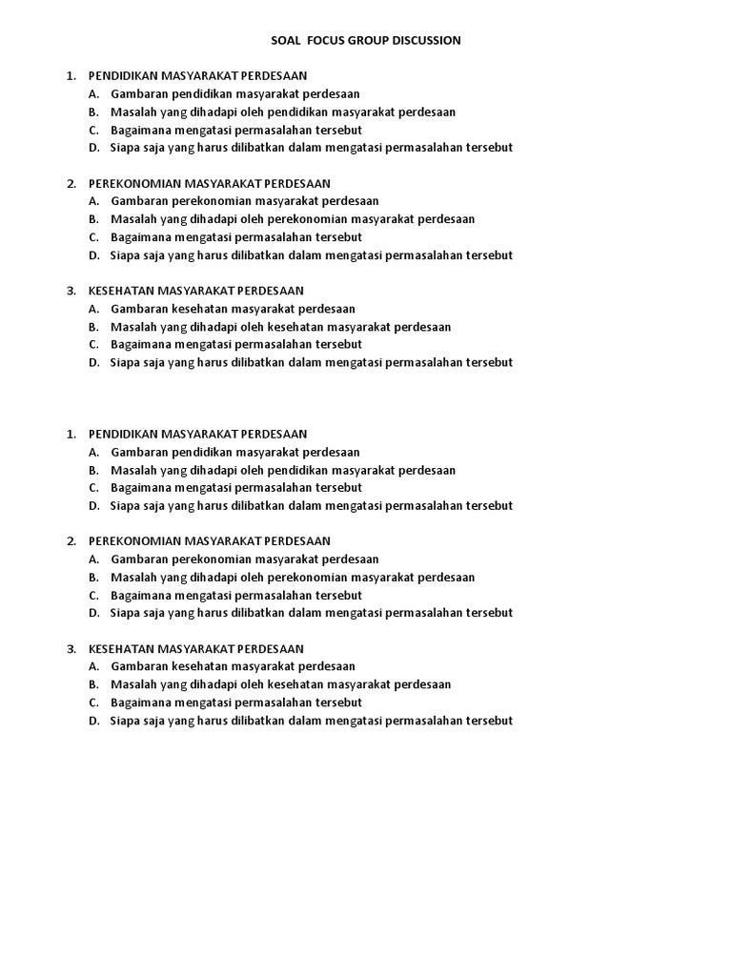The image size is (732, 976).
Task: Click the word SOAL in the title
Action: tap(273, 40)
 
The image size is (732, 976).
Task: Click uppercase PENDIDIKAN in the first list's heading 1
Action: tap(123, 75)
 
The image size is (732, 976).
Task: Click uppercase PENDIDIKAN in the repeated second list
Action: tap(123, 434)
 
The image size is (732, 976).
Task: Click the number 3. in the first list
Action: tap(71, 291)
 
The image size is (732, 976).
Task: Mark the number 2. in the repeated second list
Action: tap(71, 541)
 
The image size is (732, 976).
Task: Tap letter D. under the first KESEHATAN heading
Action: tap(94, 362)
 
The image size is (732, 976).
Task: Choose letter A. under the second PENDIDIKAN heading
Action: tap(94, 452)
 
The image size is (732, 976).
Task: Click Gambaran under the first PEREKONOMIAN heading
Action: tap(139, 201)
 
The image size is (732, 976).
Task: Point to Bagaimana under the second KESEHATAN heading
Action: tap(141, 702)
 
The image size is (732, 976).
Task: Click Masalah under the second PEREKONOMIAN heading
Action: tap(134, 577)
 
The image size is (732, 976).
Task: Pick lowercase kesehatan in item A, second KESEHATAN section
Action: tap(197, 666)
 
